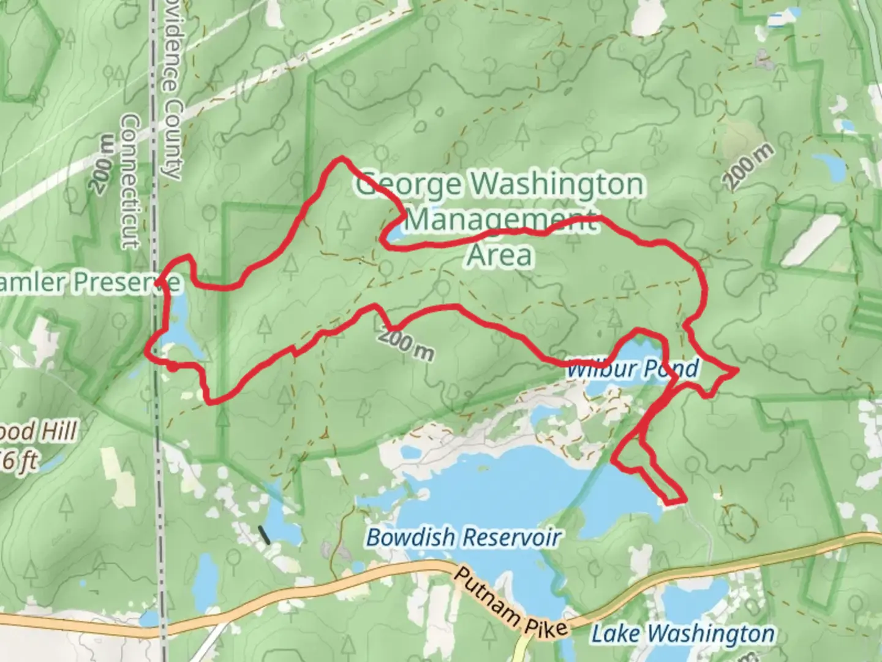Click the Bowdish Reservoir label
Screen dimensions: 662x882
[464, 538]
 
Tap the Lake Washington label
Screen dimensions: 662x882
[682, 633]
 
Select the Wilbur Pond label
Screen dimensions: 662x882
[632, 369]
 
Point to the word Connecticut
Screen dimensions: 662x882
[130, 181]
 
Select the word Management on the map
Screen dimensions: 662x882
[500, 219]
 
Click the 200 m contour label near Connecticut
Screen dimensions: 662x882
[104, 164]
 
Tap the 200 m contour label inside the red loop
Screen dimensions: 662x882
[405, 345]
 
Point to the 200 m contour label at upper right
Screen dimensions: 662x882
[748, 167]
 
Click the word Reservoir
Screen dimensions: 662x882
[511, 538]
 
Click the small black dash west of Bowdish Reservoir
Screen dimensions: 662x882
[265, 535]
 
